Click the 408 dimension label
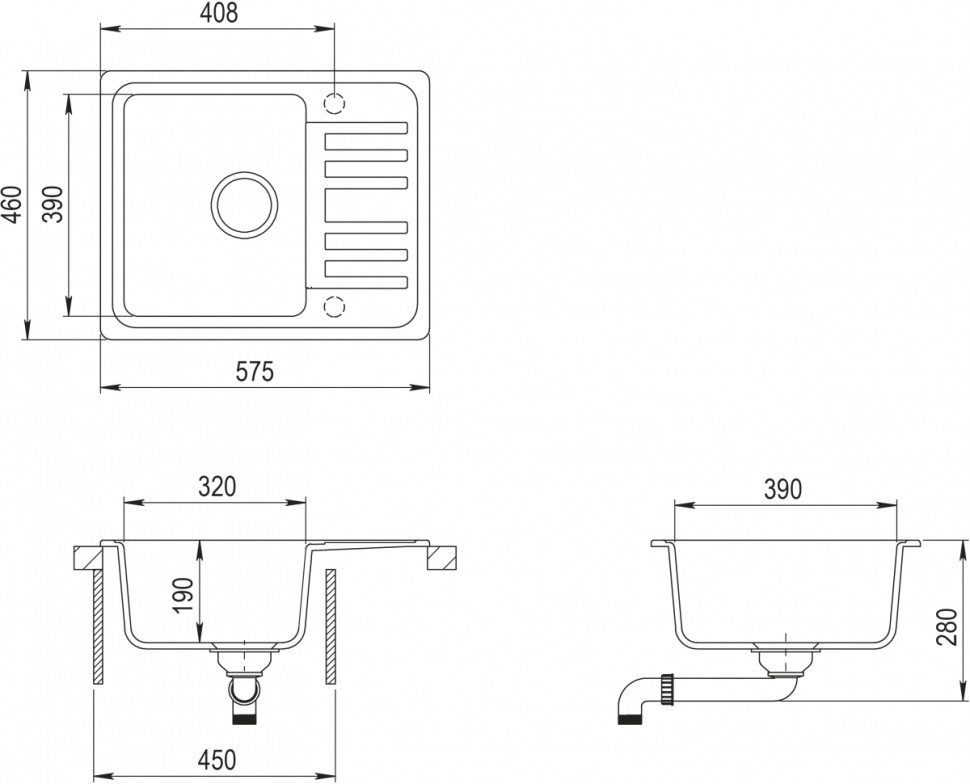click(219, 12)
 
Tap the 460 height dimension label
click(12, 204)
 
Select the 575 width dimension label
click(255, 372)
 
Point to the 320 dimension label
click(217, 487)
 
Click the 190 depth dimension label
click(184, 596)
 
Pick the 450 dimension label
click(217, 760)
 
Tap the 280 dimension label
click(946, 627)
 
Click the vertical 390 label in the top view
click(54, 204)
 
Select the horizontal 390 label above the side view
click(783, 489)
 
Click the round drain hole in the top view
click(244, 204)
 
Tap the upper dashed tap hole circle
click(334, 103)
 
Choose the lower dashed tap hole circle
click(334, 306)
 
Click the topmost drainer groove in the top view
click(366, 127)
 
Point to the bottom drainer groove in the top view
click(366, 282)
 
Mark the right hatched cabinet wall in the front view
click(330, 627)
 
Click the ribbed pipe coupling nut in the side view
click(667, 688)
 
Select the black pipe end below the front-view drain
click(243, 719)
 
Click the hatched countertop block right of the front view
click(442, 558)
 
